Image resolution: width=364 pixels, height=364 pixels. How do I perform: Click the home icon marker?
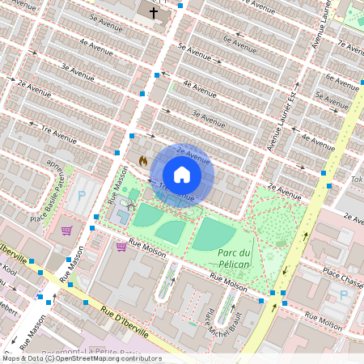coord(182,175)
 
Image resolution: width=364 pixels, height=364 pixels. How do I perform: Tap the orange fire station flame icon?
coord(143,161)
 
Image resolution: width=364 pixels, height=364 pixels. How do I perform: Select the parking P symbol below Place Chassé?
coord(343,295)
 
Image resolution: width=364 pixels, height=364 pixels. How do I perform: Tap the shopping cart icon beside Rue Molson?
coord(121,247)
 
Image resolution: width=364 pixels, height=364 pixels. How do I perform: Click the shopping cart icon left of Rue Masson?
coord(66,231)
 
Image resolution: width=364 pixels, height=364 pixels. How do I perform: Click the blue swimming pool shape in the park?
coord(124,216)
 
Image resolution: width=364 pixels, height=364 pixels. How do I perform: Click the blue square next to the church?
coord(180,6)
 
